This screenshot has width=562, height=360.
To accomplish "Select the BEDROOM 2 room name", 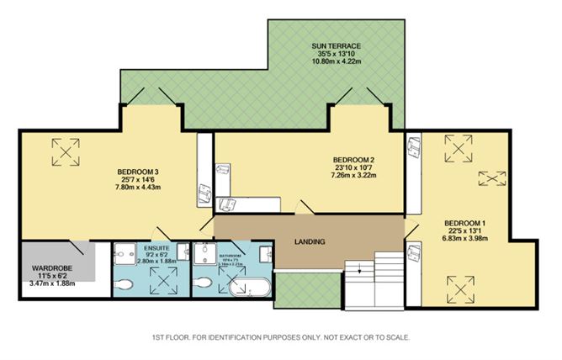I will click(353, 160).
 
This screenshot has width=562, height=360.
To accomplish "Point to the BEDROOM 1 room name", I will click(465, 223).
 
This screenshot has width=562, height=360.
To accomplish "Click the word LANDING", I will click(310, 242).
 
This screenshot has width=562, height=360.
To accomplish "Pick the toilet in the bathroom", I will click(202, 286).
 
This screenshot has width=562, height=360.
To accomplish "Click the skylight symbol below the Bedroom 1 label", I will click(461, 291).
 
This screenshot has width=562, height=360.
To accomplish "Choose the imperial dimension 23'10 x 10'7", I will click(353, 168).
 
